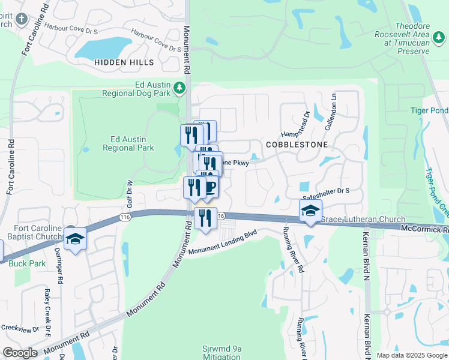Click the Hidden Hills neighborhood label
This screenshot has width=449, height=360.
click(124, 62)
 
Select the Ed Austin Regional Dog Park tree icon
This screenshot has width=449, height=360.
click(179, 89)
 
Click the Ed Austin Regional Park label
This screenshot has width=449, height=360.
click(128, 143)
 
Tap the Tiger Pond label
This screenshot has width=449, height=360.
click(429, 110)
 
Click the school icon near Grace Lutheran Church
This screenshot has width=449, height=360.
click(310, 211)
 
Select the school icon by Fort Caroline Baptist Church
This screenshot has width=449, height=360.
click(76, 239)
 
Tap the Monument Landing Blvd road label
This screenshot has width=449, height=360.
click(223, 243)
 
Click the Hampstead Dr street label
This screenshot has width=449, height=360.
click(306, 123)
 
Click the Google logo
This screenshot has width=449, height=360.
click(20, 353)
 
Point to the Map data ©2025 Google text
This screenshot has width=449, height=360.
click(411, 355)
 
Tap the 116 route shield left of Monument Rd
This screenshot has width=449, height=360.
click(125, 216)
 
